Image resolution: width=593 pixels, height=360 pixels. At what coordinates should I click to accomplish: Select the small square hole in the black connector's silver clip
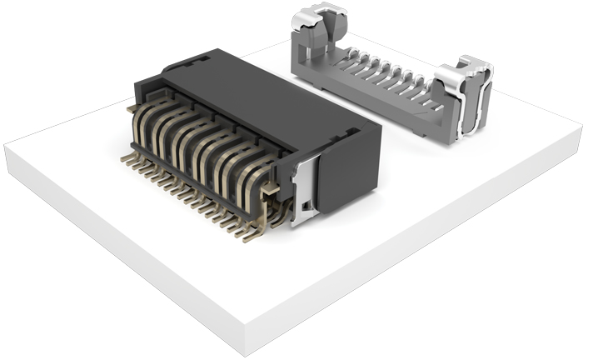306,204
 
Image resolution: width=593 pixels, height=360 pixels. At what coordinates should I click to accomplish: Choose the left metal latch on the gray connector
312,25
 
